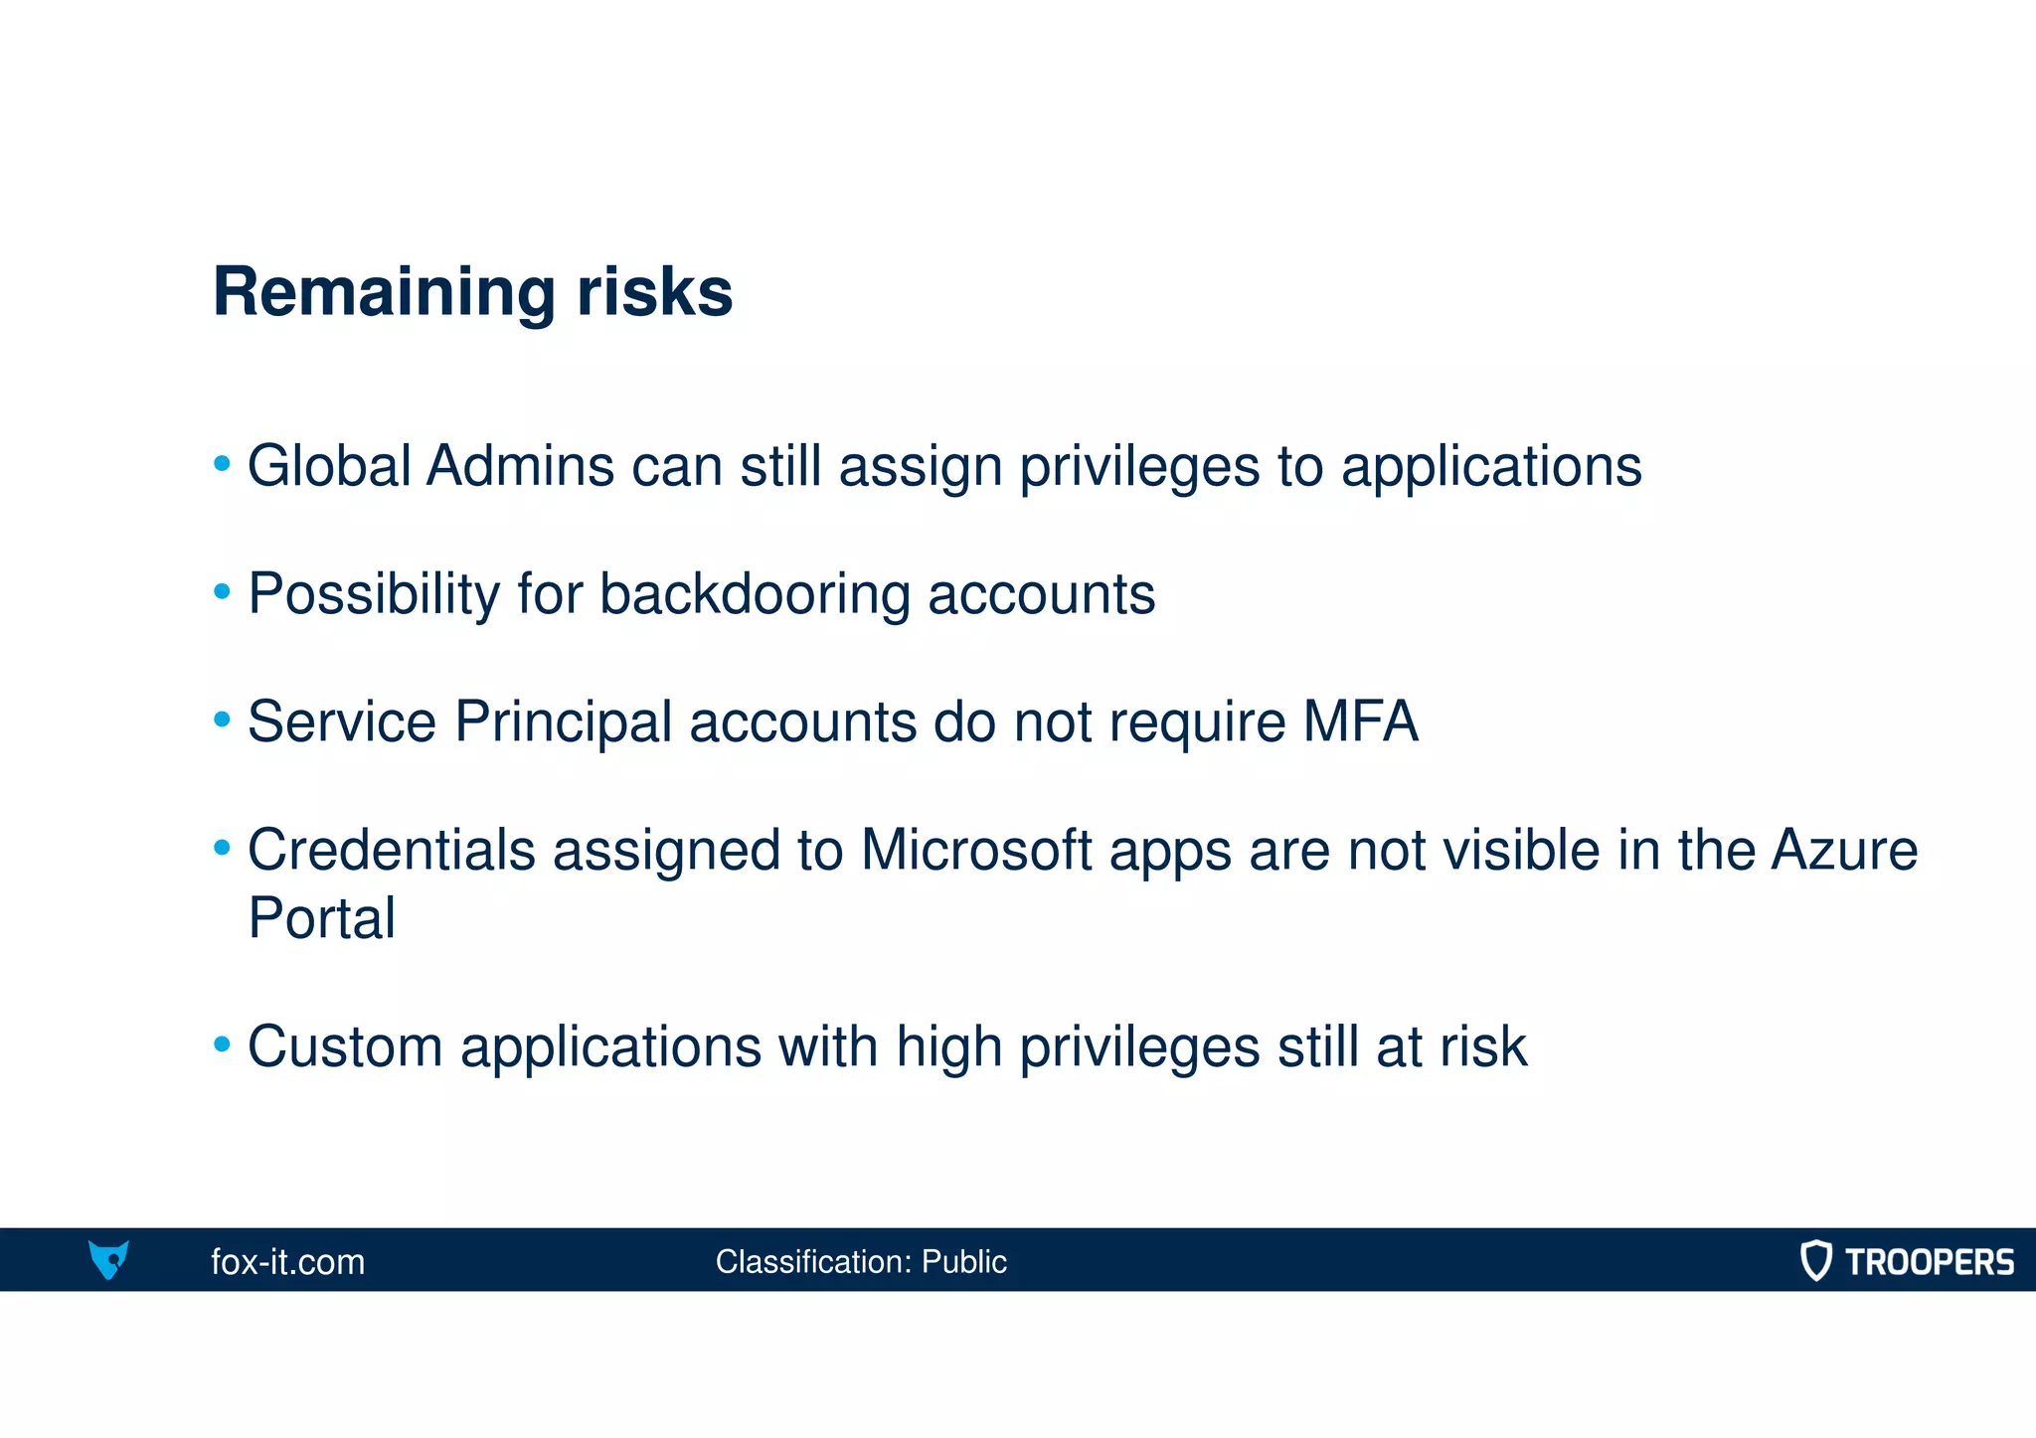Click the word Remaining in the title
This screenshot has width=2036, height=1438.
point(384,292)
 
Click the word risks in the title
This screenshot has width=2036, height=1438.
point(654,292)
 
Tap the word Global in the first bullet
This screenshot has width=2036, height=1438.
point(329,466)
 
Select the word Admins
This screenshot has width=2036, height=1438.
point(520,466)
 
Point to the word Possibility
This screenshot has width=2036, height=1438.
point(373,594)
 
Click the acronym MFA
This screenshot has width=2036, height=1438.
point(1359,721)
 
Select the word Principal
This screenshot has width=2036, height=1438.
point(563,723)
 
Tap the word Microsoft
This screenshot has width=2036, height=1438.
point(975,851)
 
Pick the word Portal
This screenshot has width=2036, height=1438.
point(321,918)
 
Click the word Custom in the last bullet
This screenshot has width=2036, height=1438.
point(344,1047)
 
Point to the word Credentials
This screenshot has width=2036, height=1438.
point(391,851)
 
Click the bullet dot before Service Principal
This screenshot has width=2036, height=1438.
point(223,719)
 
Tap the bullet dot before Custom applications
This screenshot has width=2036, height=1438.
point(223,1044)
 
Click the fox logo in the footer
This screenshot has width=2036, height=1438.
point(108,1259)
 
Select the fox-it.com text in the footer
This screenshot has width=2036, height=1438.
point(287,1262)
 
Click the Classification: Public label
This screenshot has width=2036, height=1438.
point(860,1262)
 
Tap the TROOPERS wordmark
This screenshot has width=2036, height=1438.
point(1929,1262)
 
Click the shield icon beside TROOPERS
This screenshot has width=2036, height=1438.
point(1815,1260)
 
